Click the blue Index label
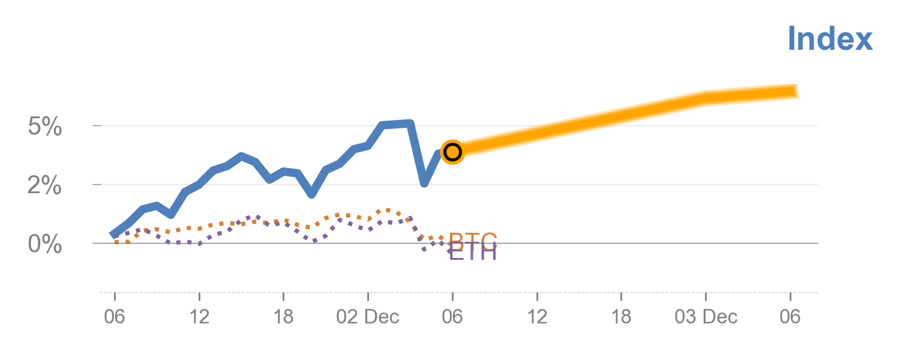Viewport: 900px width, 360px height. coord(830,39)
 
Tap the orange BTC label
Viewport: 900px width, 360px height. coord(473,241)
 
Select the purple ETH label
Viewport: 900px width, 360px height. coord(473,253)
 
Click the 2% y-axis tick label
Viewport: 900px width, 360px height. coord(45,185)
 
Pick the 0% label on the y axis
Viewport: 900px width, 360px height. coord(45,244)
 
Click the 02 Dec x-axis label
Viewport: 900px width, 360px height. coord(368,316)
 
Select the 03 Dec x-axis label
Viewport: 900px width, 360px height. coord(706,316)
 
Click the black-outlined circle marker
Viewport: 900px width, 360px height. coord(452,152)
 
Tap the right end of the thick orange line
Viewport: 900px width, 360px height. coord(797,92)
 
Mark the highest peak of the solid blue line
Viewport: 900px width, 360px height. coord(410,124)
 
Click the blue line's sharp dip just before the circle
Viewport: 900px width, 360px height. coord(424,183)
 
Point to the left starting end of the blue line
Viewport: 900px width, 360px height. coord(113,235)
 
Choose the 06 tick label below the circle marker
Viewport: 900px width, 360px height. coord(452,316)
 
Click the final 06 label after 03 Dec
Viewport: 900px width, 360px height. coord(790,316)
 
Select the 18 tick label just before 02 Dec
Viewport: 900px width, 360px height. coord(283,316)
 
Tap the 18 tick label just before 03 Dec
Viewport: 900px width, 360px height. coord(621,316)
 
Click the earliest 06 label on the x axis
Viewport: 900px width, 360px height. coord(115,316)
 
